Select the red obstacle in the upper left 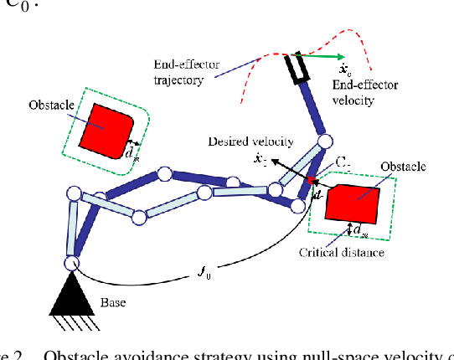click(106, 128)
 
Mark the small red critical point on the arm click(311, 179)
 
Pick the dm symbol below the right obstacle click(360, 229)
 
